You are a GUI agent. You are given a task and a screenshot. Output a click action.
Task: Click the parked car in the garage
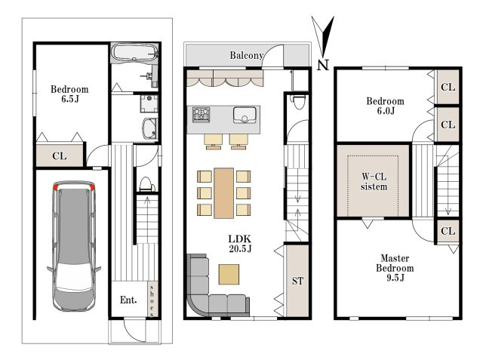point(74,246)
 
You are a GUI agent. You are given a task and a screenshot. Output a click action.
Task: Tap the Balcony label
point(247,55)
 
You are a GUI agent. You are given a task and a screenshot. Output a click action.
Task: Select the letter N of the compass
point(323,65)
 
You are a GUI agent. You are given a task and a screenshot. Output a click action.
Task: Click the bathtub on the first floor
point(134,53)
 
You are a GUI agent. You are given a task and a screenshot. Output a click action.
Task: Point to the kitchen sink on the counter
point(245,115)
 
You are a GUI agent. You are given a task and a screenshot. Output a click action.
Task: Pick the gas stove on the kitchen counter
point(202,115)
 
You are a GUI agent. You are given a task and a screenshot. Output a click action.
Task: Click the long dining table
point(224,193)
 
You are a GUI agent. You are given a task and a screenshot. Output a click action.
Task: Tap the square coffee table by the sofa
point(229,274)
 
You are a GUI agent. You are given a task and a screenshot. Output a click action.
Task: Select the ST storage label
point(297,281)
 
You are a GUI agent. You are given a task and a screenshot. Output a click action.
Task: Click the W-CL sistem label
point(374,182)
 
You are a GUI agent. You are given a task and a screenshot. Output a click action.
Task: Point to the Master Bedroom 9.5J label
point(395,268)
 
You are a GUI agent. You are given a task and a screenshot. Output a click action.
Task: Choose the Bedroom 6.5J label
point(69,94)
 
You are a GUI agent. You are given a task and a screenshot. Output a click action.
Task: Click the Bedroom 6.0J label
point(386,106)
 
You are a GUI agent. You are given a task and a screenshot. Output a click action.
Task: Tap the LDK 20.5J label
point(240,243)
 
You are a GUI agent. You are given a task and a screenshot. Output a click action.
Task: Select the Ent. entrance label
point(128,300)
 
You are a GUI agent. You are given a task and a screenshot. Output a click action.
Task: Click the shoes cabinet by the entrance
point(152,299)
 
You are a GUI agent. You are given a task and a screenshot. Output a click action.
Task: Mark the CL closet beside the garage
point(60,155)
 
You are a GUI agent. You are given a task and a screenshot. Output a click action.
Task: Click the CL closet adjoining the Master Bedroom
point(448,231)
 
